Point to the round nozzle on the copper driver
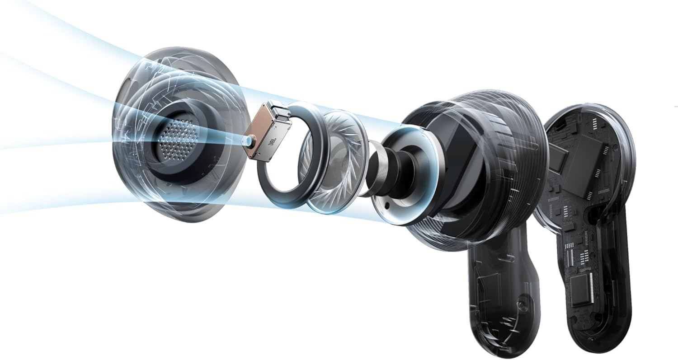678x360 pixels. pyautogui.click(x=247, y=141)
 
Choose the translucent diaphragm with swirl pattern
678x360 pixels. pyautogui.click(x=332, y=163)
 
